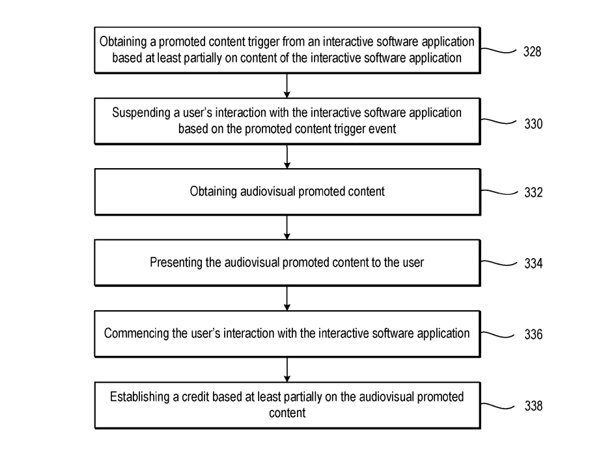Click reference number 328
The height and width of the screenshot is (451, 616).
532,51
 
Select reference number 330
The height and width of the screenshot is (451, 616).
533,124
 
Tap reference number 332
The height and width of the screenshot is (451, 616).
533,192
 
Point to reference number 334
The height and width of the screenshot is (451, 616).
533,263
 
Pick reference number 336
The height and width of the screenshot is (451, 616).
533,334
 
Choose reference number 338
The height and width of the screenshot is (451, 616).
533,405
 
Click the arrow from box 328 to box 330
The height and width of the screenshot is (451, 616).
287,86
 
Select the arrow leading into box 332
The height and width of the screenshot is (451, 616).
287,156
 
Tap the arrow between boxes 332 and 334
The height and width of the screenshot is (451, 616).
287,227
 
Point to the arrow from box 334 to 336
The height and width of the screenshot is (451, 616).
287,298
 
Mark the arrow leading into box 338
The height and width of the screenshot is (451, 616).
287,370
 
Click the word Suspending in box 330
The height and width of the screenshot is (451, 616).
141,113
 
